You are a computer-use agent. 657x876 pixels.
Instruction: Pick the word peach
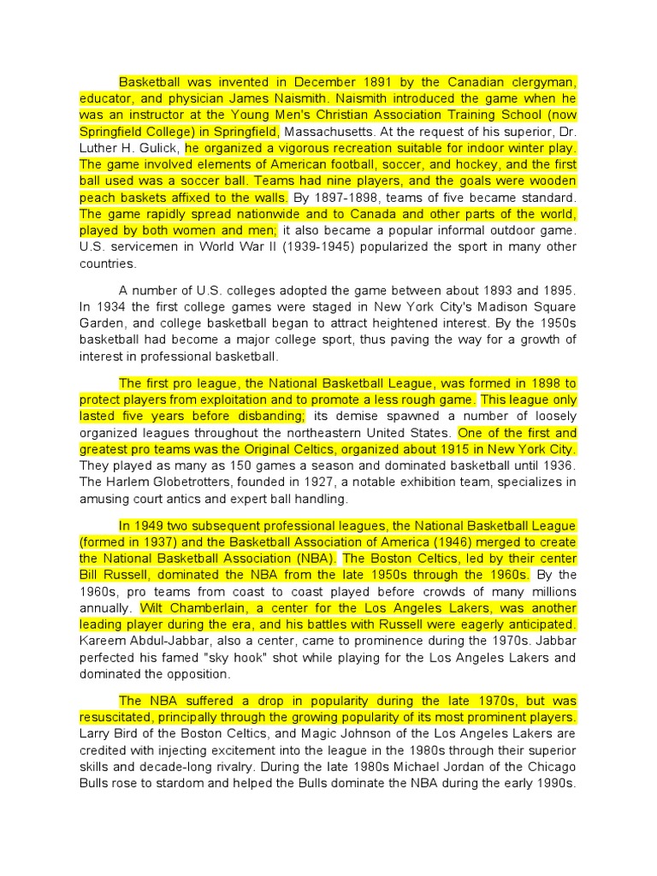pos(98,198)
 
